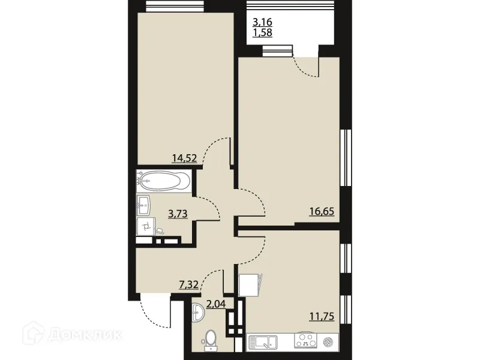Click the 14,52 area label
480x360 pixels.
[x=184, y=159]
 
